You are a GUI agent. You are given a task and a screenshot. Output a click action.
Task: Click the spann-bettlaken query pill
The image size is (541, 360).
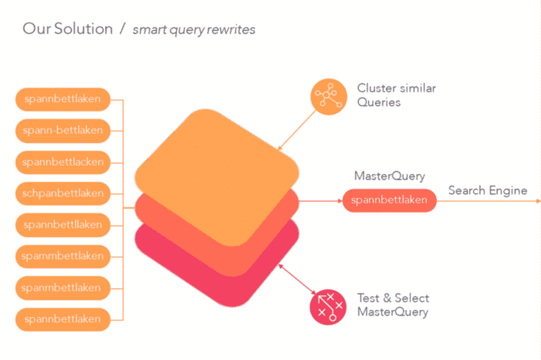pos(63,131)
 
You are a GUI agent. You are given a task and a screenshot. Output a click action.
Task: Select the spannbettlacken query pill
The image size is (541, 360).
pos(63,162)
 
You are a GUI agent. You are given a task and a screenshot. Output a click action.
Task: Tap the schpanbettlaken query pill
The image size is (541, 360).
pos(63,194)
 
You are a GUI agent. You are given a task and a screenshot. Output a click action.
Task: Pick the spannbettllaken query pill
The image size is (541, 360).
pos(63,225)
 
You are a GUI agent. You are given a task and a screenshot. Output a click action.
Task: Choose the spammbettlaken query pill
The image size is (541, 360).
pos(63,256)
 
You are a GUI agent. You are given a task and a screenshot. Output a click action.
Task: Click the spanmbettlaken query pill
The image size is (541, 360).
pos(63,288)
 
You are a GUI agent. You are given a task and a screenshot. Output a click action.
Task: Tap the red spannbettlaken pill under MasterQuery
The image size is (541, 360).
pos(389,200)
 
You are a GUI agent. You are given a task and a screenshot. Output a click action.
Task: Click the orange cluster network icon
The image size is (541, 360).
pos(328,97)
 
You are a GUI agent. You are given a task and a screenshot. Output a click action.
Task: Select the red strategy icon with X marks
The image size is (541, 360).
pos(328,307)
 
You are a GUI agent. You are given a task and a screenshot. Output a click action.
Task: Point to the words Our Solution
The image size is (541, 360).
pos(68,29)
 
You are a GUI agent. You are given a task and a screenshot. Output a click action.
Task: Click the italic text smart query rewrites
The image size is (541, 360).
pos(194,30)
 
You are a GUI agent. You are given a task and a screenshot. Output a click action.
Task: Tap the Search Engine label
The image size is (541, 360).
pos(487,190)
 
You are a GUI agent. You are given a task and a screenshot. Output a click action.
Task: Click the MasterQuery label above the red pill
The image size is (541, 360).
pos(389,176)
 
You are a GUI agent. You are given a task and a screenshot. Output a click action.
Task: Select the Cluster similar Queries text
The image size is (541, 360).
pos(396,95)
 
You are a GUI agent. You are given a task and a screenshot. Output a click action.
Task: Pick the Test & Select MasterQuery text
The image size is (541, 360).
pos(393,305)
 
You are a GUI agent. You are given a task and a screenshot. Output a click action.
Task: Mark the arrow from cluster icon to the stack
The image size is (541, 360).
pos(297,130)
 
